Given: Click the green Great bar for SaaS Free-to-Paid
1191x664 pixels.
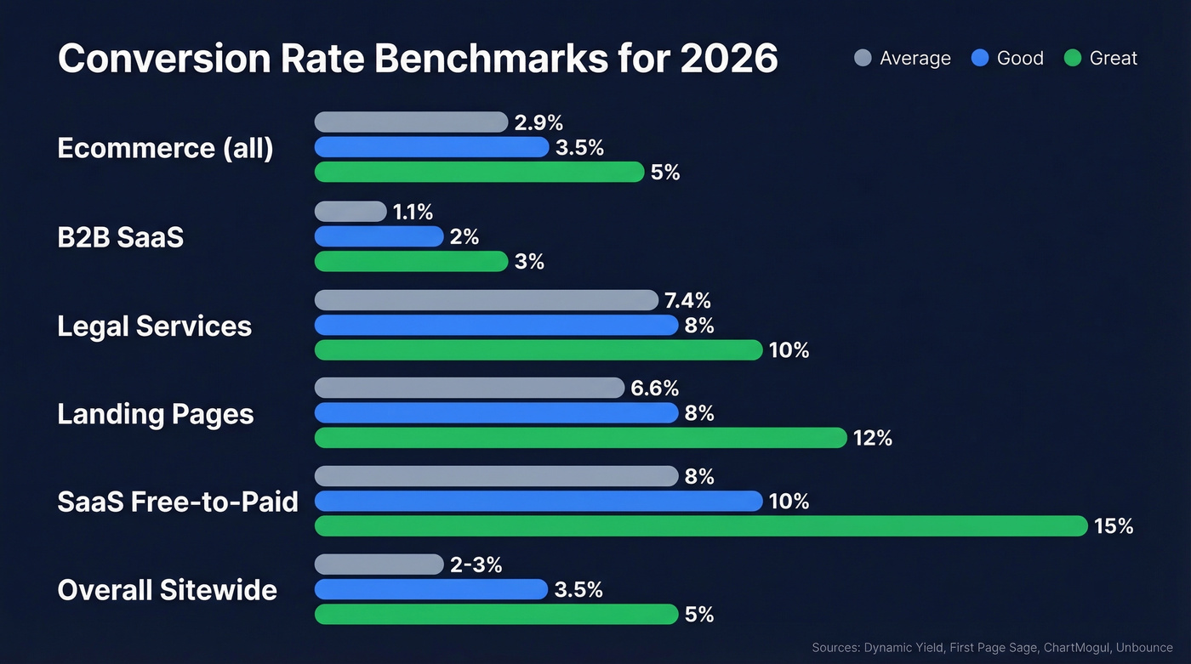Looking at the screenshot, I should [701, 526].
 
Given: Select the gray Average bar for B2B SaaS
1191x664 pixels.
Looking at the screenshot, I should [350, 212].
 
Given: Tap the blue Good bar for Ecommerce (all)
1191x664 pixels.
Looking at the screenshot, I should [431, 147].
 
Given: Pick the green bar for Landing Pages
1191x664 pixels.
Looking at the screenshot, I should [580, 438].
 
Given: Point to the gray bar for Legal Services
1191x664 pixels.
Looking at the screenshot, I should [486, 300].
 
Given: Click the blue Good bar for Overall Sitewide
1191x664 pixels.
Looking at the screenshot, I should [430, 589].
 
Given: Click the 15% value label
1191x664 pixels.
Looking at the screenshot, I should [1114, 526].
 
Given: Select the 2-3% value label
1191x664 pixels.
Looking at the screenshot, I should [476, 565].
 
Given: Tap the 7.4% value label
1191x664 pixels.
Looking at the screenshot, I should [687, 300].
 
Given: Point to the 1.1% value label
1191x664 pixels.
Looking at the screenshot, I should [413, 212].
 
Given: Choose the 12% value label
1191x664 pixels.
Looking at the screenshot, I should [873, 438].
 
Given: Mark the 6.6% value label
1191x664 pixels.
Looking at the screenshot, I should [654, 389].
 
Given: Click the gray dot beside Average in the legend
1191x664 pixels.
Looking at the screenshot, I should [863, 58].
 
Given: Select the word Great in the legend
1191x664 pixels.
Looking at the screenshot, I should [1113, 58].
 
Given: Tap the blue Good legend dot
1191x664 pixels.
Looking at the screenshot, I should [980, 58].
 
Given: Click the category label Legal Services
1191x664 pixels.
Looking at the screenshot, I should [154, 326].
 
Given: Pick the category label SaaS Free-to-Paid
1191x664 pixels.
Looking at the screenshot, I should [177, 502].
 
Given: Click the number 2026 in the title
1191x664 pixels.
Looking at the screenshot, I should [729, 59].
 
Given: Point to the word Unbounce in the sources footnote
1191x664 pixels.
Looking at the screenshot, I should [1144, 648].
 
